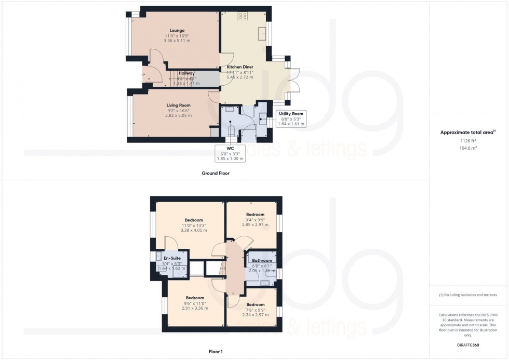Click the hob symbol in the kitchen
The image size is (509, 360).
[243, 16]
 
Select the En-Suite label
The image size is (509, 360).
[172, 258]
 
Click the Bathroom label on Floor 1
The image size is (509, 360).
[262, 260]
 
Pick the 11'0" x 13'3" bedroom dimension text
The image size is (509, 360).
[194, 225]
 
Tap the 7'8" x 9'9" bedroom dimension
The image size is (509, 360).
[255, 310]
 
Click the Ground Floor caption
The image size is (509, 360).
[216, 174]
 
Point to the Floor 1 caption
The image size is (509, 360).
[216, 352]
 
